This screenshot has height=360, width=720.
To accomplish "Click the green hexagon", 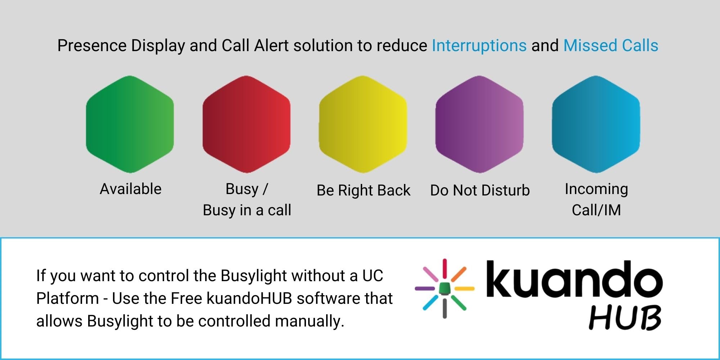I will click(130, 124).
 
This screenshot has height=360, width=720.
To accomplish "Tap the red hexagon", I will click(247, 124).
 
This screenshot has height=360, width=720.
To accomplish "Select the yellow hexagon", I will click(363, 124).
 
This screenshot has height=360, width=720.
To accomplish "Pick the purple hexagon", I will click(480, 124).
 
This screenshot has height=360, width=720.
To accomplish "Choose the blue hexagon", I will click(596, 124).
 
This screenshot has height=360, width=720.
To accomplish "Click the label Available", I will click(131, 189).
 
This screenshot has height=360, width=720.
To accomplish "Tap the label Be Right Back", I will click(363, 190).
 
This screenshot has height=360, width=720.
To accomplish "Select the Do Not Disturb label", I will click(480, 190).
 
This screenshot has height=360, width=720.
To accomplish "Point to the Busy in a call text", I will click(247, 210).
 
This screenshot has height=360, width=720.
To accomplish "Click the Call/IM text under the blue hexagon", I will click(597, 210).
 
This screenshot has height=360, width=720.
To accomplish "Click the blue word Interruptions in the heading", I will click(479, 46).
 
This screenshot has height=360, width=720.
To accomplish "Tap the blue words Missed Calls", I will click(611, 46).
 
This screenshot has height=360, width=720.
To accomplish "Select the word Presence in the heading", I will click(92, 46).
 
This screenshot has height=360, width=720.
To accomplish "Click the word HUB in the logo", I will click(625, 317).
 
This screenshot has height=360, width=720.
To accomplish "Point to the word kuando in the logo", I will click(575, 279).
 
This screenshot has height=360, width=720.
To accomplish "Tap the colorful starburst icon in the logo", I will click(445, 288).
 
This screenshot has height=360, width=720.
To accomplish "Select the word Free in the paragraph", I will click(186, 298).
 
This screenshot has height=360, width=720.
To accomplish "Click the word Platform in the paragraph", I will click(68, 298).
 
